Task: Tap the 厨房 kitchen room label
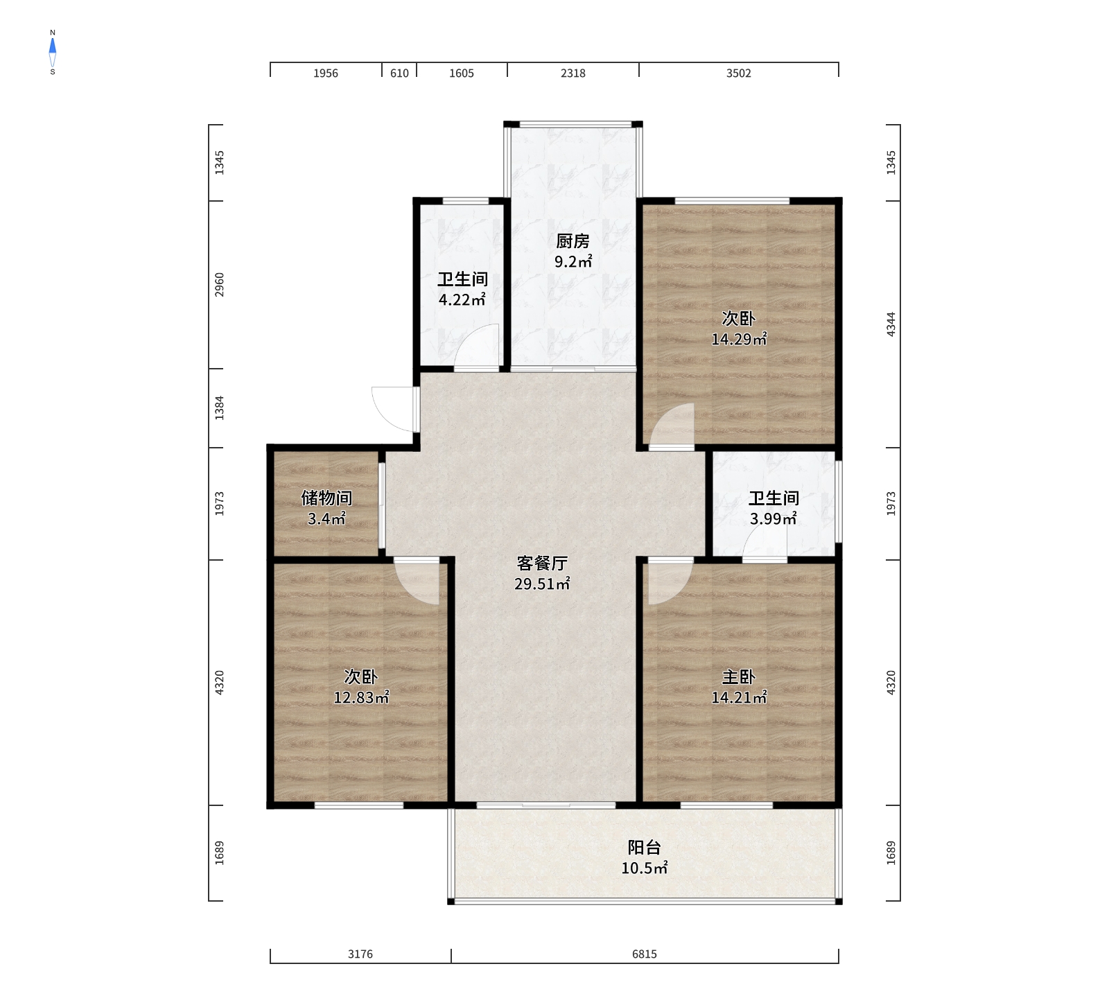coord(573,241)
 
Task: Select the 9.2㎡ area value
coord(573,261)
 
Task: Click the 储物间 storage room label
coord(326,498)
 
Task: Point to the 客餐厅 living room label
coord(542,563)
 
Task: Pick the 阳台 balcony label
coord(645,847)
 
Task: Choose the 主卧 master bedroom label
coord(739,676)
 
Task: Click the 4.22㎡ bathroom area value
coord(462,300)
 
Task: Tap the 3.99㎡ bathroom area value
coord(774,518)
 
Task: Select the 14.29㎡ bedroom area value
coord(739,339)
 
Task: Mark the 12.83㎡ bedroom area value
coord(361,697)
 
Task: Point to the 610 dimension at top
coord(399,73)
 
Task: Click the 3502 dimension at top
coord(739,73)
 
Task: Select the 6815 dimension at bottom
coord(645,954)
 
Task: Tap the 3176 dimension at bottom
coord(360,954)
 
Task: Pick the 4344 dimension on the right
coord(891,324)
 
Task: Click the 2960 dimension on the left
coord(220,285)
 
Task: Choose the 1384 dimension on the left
coord(220,408)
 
